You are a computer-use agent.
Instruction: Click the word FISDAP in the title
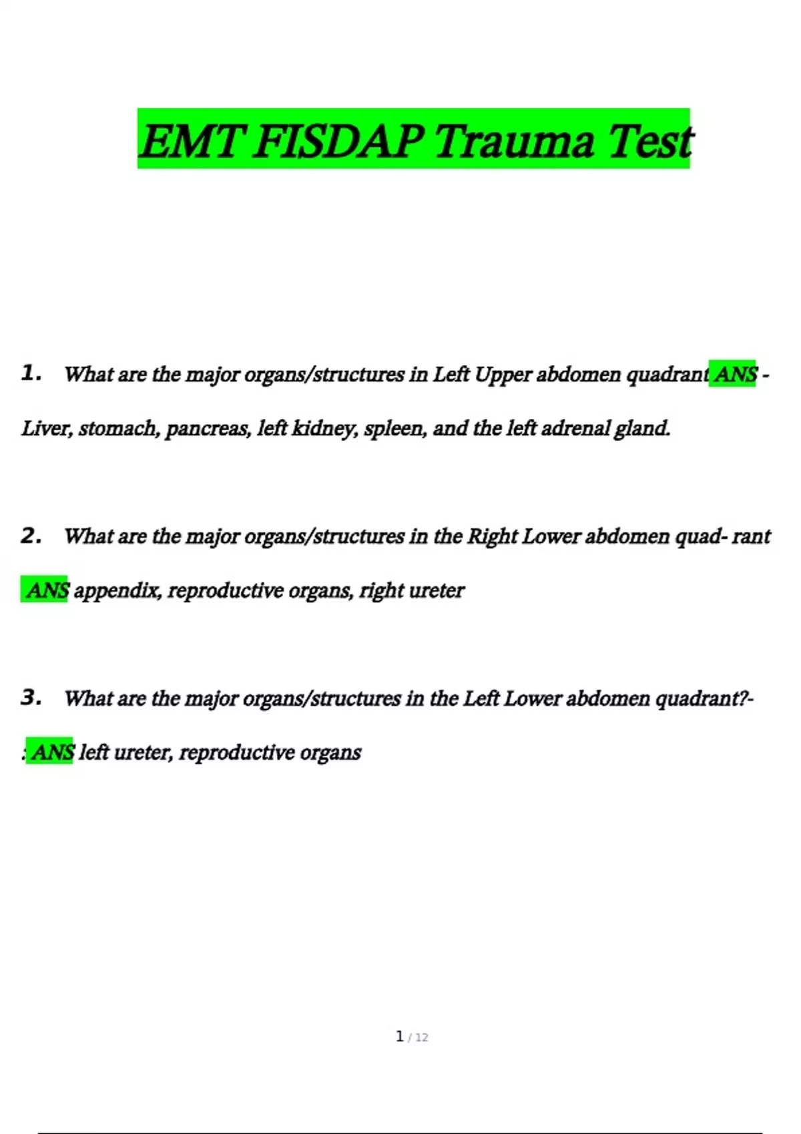coord(339,141)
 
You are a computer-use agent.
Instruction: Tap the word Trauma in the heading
coord(515,141)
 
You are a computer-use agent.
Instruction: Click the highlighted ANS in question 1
coord(735,374)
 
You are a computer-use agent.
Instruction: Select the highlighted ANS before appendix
coord(47,590)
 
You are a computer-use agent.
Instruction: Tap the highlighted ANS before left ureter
coord(51,752)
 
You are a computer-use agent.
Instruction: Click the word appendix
coord(117,590)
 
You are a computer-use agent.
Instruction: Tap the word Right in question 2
coord(492,536)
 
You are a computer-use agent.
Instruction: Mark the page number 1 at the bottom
coord(400,1037)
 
